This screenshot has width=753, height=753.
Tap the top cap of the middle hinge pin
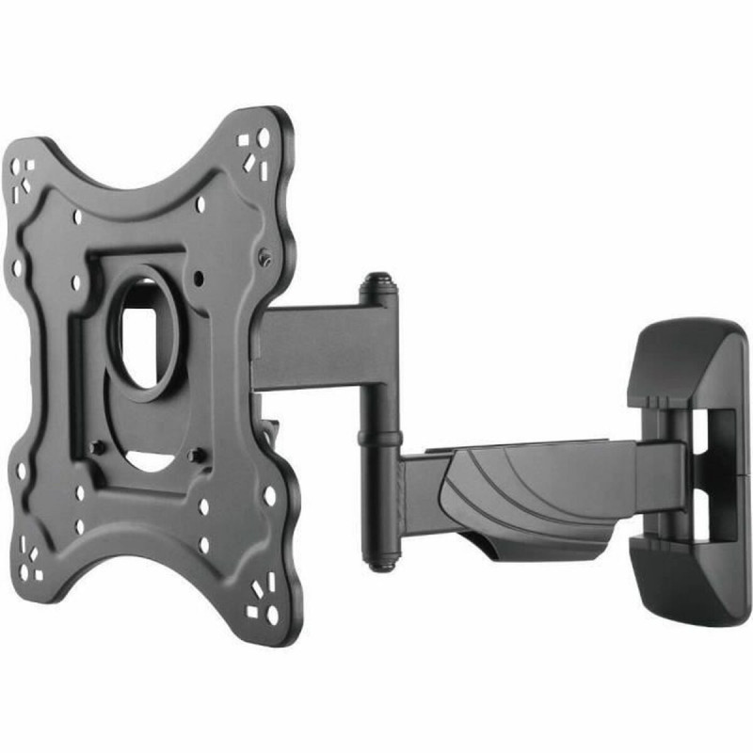tap(376, 280)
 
